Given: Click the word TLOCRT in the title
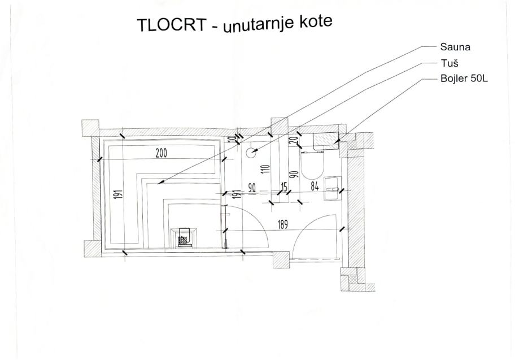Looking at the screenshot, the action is tap(172, 24).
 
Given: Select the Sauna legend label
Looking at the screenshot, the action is tap(455, 47).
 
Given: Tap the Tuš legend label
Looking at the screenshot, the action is tap(449, 63).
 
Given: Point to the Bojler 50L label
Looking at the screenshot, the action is tap(464, 79).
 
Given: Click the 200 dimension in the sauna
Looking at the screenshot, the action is tap(161, 153).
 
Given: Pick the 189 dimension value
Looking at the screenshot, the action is tap(282, 225).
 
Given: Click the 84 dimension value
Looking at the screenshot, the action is tap(315, 187).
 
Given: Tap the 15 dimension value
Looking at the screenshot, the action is tap(284, 187).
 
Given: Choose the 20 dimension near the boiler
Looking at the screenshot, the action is tap(293, 140).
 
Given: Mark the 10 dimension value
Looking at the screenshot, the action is tap(233, 139).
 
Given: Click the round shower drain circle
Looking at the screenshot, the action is tap(251, 153).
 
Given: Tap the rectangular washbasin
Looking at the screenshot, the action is tap(332, 188).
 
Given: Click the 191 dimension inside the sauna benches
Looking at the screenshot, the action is tap(120, 194).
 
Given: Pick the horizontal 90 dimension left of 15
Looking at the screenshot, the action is tap(252, 188).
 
